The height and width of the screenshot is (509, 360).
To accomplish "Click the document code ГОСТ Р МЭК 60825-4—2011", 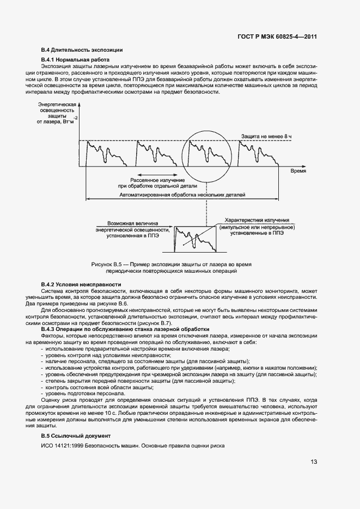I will tap(277, 37).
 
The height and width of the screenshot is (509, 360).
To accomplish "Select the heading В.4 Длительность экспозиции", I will tap(82, 50).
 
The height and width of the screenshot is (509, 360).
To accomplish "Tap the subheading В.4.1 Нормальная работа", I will tap(76, 59).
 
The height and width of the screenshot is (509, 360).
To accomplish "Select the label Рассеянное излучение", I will tap(157, 180).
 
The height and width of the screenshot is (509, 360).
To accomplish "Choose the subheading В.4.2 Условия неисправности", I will tap(81, 285).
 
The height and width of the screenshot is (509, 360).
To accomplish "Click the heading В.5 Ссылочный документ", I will tap(76, 436).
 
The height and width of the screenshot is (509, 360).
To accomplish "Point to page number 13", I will tap(314, 462).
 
